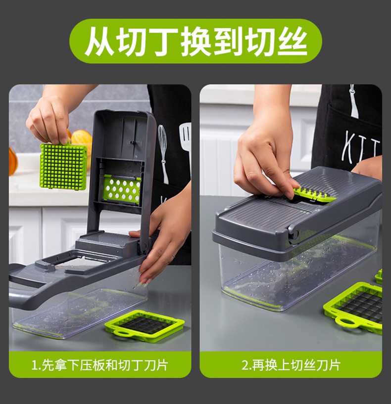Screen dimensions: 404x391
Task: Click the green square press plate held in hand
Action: (63, 166)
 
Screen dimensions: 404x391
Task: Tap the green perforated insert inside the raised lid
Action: (122, 189)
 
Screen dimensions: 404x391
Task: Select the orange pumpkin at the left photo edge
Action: (13, 161)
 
